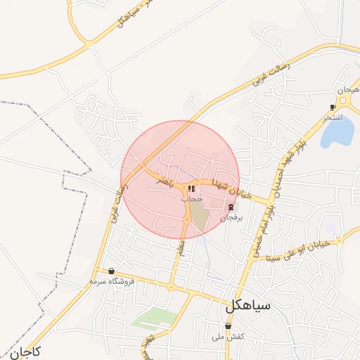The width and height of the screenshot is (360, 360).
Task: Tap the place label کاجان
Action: tap(25, 351)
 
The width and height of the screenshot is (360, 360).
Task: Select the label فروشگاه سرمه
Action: tap(111, 281)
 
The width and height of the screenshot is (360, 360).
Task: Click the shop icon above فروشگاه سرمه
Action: tap(111, 271)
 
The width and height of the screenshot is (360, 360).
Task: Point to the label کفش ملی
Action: tap(229, 337)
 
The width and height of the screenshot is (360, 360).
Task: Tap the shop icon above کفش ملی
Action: tap(229, 326)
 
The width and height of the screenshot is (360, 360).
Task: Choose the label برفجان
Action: tap(232, 218)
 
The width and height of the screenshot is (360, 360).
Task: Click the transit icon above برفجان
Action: tap(232, 207)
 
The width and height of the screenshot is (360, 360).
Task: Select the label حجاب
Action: tap(192, 199)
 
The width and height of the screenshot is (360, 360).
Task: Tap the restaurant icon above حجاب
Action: tap(191, 188)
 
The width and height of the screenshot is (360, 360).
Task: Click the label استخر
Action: tap(333, 117)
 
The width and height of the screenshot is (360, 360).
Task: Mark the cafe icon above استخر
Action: tap(333, 107)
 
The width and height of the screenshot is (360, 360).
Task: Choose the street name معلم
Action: tap(181, 247)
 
